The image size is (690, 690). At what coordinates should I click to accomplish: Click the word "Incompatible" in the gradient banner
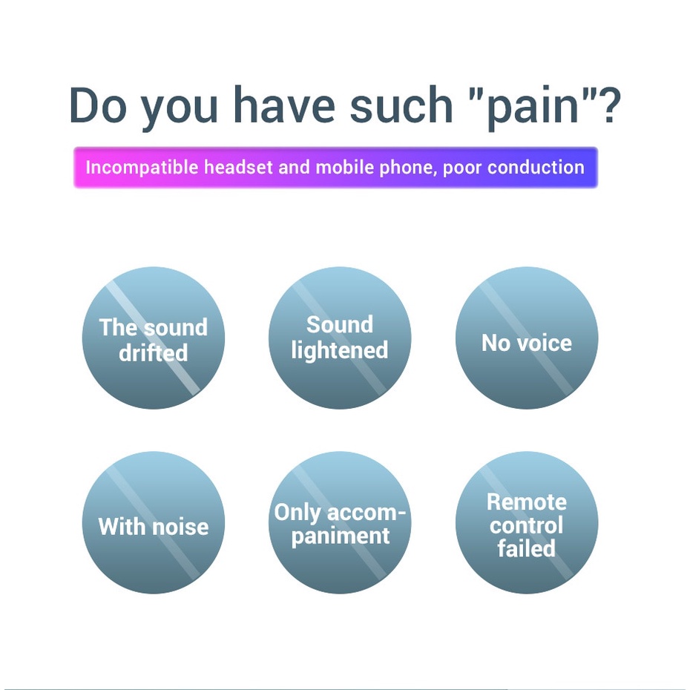coord(142,167)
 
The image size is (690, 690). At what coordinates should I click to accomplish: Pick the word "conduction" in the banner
coord(538,167)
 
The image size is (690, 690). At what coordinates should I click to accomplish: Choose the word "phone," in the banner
coord(409,167)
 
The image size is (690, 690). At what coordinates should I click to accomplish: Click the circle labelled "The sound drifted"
coord(153,338)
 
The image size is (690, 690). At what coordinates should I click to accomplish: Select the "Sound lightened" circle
coord(339,338)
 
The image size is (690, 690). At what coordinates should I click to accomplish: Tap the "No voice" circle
coord(526,338)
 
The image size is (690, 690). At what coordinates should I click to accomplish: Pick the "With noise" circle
coord(153,523)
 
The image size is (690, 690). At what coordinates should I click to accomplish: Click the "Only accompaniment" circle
coord(339,523)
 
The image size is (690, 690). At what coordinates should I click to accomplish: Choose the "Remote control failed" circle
coord(526,523)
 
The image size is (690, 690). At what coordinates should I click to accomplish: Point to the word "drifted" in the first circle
coord(153,353)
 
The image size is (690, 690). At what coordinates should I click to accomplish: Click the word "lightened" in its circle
coord(339,350)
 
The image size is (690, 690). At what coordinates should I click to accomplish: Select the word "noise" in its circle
coord(180,527)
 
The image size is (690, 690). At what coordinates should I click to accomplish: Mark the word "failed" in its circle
coord(526,549)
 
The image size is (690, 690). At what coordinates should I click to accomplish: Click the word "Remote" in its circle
coord(526,502)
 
